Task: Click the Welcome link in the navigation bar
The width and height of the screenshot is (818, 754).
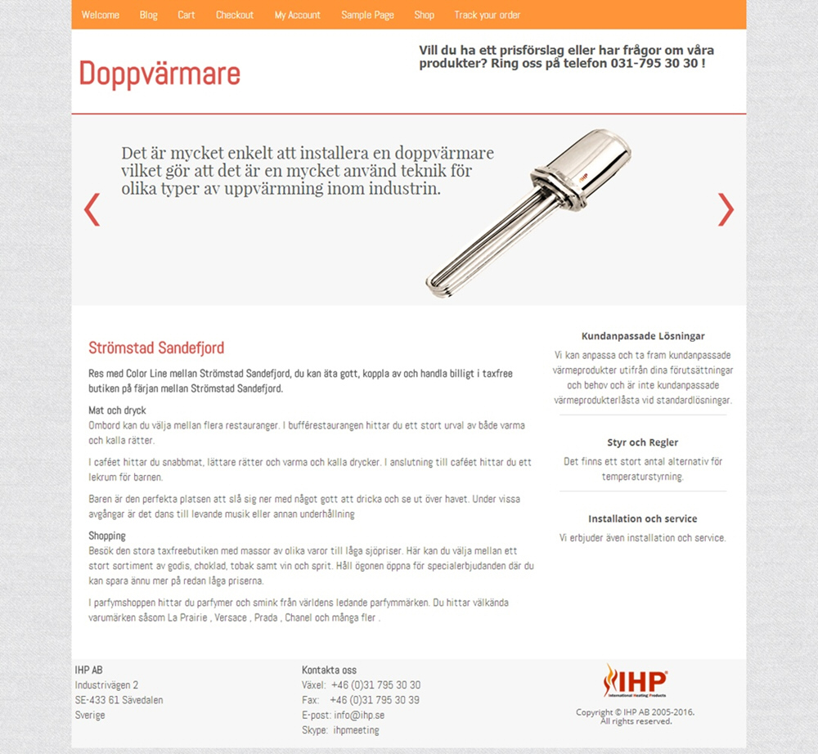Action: click(x=100, y=15)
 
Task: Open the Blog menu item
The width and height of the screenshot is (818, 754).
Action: click(x=148, y=15)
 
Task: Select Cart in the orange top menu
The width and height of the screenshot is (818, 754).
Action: click(x=187, y=15)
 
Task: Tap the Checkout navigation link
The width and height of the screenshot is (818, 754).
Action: click(x=235, y=15)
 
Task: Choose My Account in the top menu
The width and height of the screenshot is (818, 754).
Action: click(x=298, y=15)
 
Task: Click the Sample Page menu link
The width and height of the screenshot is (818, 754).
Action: click(x=367, y=15)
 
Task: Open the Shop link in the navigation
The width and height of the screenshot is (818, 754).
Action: click(x=424, y=15)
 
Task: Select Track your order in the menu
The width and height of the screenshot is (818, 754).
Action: click(x=488, y=15)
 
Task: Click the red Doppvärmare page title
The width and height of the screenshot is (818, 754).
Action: click(x=160, y=74)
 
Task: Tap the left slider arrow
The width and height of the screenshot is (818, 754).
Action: click(x=92, y=209)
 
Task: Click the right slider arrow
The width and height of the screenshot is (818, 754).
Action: click(x=726, y=209)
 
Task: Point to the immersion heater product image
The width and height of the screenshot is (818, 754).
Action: click(x=528, y=211)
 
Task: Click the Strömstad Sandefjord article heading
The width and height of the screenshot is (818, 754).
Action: click(x=156, y=348)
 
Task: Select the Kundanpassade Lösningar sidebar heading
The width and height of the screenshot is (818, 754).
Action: click(x=643, y=336)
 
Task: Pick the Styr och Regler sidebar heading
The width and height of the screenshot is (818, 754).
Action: click(x=643, y=442)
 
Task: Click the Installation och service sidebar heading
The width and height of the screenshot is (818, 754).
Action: click(x=643, y=518)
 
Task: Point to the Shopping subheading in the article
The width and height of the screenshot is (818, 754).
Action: click(x=107, y=536)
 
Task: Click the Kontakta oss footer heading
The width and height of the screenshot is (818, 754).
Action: click(x=329, y=670)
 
